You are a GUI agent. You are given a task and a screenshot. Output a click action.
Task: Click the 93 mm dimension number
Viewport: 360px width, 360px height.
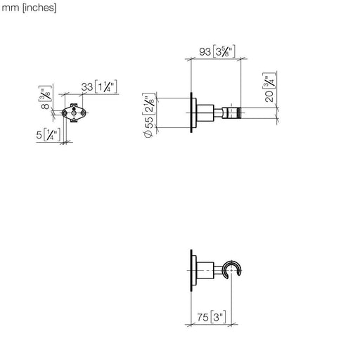click(205, 52)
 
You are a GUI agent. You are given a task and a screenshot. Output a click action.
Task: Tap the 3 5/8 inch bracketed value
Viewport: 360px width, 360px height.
click(224, 51)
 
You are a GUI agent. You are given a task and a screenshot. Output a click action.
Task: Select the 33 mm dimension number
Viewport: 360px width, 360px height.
click(87, 87)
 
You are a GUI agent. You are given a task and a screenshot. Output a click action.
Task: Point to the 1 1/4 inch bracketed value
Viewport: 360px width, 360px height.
click(106, 86)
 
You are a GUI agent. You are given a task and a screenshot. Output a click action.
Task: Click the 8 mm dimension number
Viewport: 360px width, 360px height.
click(45, 106)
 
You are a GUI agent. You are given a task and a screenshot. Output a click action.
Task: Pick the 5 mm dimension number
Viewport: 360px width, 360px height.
click(39, 135)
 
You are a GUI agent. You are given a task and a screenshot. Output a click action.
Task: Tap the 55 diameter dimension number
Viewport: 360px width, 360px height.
click(149, 122)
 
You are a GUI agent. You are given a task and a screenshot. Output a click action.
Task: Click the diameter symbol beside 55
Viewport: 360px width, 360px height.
click(148, 134)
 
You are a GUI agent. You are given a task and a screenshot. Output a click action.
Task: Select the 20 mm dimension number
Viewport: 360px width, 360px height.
click(269, 96)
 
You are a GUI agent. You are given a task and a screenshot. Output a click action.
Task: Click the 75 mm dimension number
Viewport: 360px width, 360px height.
click(202, 317)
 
